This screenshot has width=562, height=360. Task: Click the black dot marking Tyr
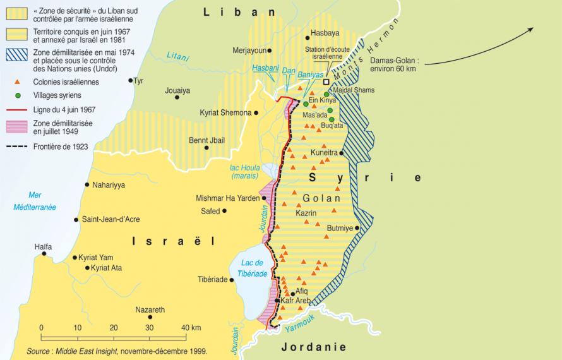tap(131, 80)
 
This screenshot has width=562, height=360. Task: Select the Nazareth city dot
tap(150, 318)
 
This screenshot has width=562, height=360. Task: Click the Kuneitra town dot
tap(342, 153)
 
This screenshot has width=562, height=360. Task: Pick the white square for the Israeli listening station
tap(326, 82)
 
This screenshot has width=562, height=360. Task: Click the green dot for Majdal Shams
tap(326, 95)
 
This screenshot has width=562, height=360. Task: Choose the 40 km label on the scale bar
tap(191, 327)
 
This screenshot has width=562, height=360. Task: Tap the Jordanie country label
tap(314, 347)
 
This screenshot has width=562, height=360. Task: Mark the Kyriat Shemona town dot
tap(256, 113)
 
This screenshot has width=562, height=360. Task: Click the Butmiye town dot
tap(357, 228)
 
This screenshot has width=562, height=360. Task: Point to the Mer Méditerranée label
tap(35, 201)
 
